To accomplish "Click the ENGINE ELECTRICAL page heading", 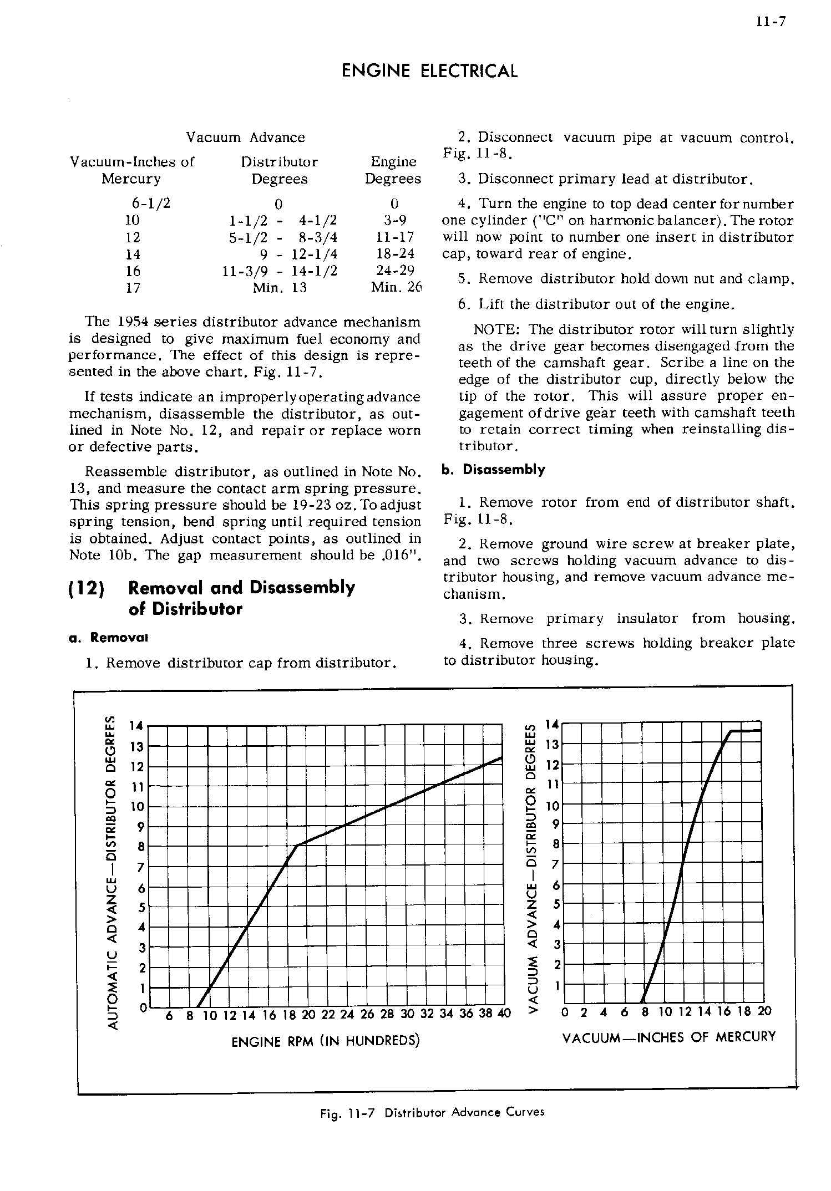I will click(430, 72).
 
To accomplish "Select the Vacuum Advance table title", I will click(245, 138).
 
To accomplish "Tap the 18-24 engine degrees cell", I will click(393, 254).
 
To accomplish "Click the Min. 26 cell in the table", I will click(396, 288).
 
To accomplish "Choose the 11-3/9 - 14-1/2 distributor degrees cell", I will click(280, 271).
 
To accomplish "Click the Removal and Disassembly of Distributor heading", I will click(241, 598).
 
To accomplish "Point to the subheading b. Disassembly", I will click(494, 470).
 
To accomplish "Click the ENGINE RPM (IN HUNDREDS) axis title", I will click(325, 1041).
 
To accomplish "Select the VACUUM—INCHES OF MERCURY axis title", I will click(668, 1037).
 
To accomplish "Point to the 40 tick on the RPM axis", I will click(504, 1014).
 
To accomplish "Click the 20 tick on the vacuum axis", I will click(764, 1011).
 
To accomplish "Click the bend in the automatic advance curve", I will click(297, 846).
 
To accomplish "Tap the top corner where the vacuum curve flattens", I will click(732, 732).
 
